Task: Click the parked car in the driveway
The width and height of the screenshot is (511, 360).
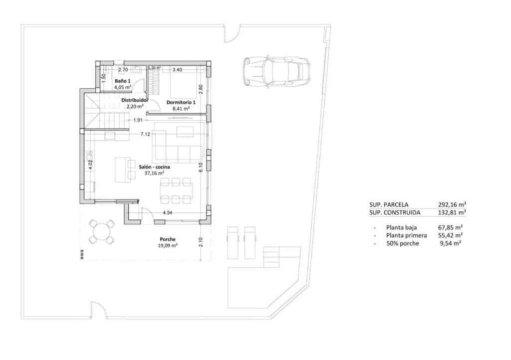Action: tap(276, 73)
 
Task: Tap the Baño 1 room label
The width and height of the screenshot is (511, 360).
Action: tap(123, 80)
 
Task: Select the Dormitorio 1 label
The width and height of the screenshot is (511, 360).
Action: tap(180, 102)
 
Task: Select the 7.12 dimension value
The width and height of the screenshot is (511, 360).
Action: tap(145, 134)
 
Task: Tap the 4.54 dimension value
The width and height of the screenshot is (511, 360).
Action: tap(168, 213)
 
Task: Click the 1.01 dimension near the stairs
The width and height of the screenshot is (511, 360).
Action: tap(138, 120)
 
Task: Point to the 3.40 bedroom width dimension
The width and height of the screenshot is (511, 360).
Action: tap(177, 70)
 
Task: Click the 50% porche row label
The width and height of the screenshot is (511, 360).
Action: tap(402, 243)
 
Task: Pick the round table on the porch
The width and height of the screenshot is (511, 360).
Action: tap(101, 232)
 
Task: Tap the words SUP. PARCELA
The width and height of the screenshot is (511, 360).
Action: tap(389, 204)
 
